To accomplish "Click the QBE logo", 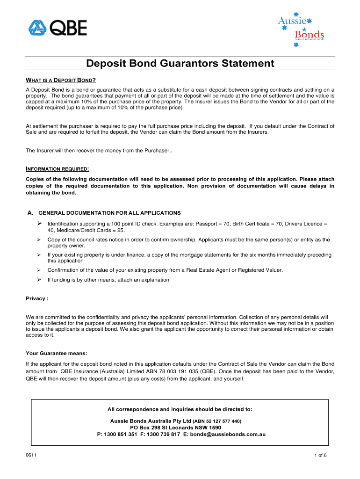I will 57,29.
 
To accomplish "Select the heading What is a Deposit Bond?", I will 61,79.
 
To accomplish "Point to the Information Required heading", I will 58,168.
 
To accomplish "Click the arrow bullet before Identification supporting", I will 40,223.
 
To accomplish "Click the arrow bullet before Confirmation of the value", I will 40,270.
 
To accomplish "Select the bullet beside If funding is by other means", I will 40,280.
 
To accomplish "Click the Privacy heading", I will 37,298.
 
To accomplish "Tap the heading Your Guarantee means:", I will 56,353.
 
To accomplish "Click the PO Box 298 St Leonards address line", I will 175,428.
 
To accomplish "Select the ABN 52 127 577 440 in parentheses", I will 217,421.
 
